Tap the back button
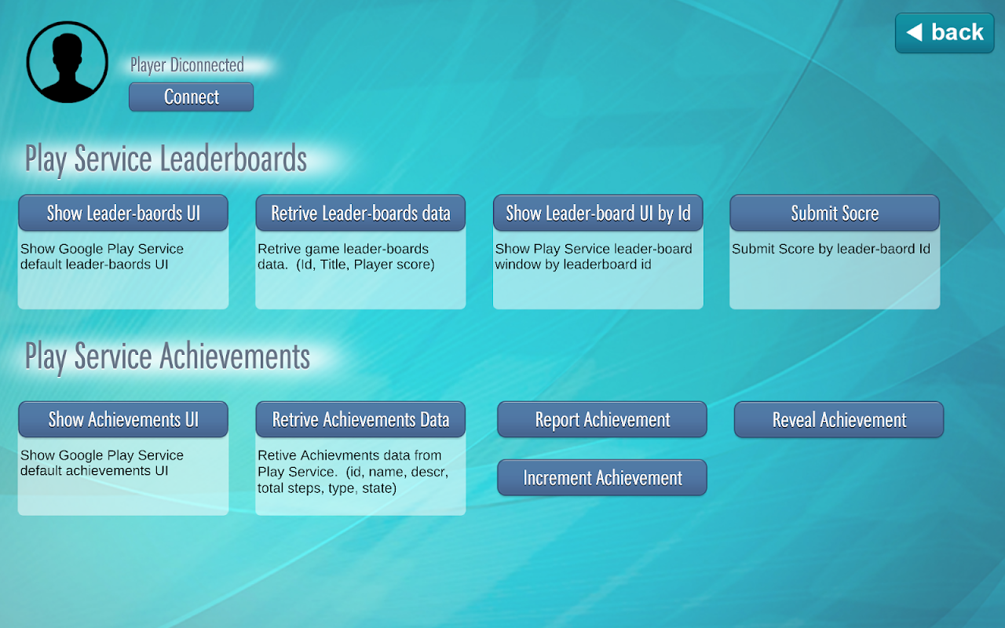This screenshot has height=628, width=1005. tap(945, 33)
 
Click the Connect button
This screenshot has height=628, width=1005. tap(191, 97)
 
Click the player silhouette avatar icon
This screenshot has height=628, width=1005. tap(68, 62)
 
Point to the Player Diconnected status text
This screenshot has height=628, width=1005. tap(187, 65)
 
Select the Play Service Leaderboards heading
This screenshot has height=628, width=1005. tap(166, 159)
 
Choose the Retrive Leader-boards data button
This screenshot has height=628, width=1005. tap(360, 213)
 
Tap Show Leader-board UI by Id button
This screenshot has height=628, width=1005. tap(598, 213)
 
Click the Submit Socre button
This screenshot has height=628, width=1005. tap(835, 213)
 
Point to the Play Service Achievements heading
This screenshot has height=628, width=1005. tap(167, 357)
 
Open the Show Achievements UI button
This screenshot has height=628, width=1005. tap(123, 419)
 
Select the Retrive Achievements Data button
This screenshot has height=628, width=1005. tap(360, 419)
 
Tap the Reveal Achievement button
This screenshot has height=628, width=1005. tap(839, 419)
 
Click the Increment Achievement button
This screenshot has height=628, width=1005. tap(602, 478)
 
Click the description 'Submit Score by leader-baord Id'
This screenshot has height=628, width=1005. tap(831, 249)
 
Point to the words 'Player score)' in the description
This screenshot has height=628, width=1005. tap(394, 265)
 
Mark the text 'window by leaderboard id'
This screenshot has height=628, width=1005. tap(573, 265)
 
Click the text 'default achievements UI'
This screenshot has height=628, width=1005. tap(94, 470)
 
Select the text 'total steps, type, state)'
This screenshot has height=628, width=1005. tap(327, 488)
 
